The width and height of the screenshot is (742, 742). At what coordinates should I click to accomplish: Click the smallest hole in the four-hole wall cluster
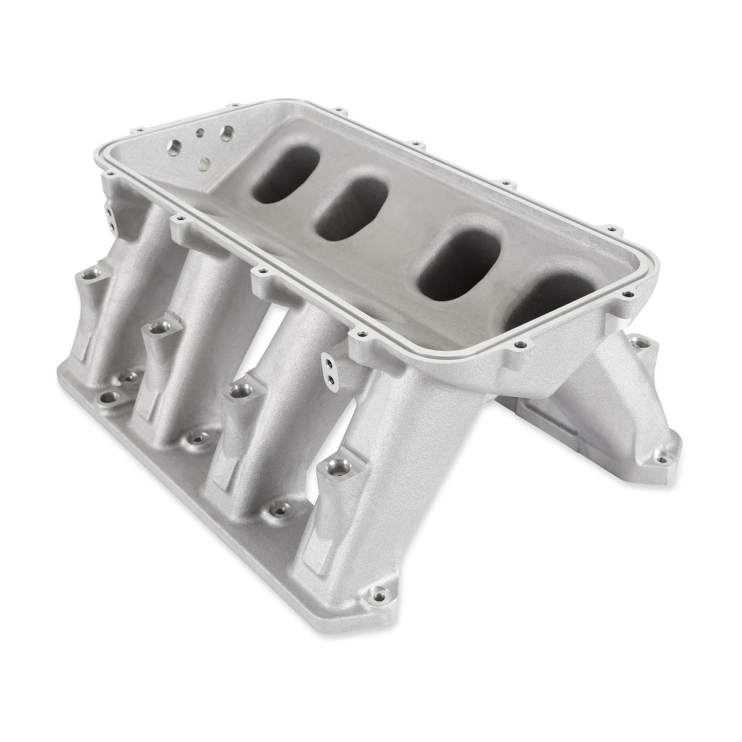click(199, 130)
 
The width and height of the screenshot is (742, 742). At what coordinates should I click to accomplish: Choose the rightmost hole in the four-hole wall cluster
click(226, 131)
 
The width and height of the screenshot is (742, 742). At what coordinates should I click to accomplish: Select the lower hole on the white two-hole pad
click(331, 380)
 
